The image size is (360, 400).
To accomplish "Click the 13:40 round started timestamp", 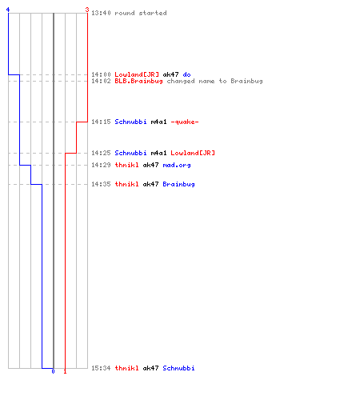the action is tap(101, 13).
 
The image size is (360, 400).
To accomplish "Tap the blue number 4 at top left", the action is tap(8, 10).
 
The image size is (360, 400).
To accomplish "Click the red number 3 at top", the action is tap(87, 10).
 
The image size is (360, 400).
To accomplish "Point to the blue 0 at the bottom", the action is tap(53, 371).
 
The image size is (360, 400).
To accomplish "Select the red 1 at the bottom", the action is tap(65, 371).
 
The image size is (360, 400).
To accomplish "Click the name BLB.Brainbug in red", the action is tap(138, 81).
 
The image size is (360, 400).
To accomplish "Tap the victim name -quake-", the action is tap(185, 122).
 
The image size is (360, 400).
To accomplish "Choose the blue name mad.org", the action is tap(177, 166).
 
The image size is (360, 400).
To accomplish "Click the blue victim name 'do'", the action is tap(186, 74).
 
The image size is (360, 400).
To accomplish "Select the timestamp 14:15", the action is tap(101, 122).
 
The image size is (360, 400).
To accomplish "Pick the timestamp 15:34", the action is tap(101, 368).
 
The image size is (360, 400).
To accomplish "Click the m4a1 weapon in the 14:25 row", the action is tap(158, 153).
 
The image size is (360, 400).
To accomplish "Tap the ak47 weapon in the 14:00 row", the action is tap(170, 74).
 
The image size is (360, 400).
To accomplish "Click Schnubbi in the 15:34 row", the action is tap(178, 368).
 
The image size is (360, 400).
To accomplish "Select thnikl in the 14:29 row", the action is tap(126, 165).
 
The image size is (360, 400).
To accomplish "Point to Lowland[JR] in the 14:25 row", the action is tap(193, 153).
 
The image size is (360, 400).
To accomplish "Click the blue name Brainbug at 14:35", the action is tap(178, 185).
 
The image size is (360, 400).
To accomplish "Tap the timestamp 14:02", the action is tap(101, 81).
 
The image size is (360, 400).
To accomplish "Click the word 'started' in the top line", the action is tap(153, 13).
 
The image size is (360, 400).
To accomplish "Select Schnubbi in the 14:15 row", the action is tap(130, 122).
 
